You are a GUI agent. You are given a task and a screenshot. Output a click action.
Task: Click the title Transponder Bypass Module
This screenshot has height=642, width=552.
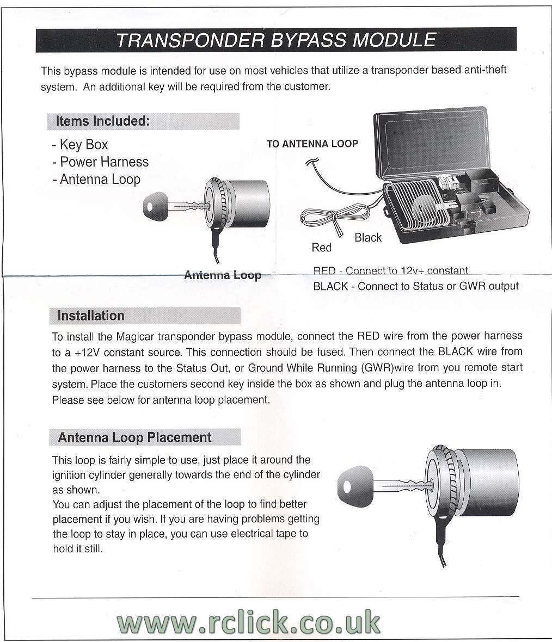(276, 40)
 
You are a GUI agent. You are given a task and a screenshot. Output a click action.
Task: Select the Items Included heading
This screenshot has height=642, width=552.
(102, 121)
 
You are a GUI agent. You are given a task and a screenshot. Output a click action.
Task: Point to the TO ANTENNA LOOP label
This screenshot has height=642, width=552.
(312, 144)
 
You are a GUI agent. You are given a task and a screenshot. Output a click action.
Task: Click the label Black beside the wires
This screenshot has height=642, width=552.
(368, 238)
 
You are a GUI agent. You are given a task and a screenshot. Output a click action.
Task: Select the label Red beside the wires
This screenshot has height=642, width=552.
(321, 248)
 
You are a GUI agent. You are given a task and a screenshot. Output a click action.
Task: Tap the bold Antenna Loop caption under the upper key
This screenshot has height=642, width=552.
(223, 275)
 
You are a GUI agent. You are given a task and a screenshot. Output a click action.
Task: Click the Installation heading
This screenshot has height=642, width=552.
(91, 316)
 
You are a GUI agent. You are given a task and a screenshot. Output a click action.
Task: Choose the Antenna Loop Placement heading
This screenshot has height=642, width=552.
(134, 438)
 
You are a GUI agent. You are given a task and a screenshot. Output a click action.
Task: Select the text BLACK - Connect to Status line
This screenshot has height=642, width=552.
(416, 286)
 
